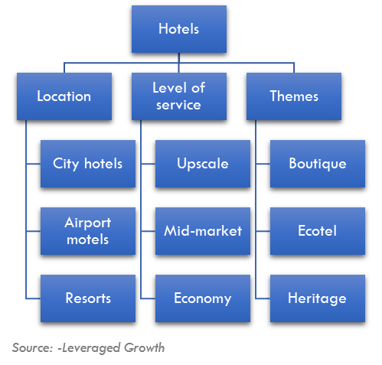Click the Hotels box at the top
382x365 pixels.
pyautogui.click(x=179, y=29)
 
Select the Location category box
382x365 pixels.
pyautogui.click(x=64, y=96)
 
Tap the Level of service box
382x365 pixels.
pyautogui.click(x=179, y=96)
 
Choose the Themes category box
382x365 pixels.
pyautogui.click(x=294, y=96)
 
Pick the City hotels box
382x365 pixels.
pyautogui.click(x=88, y=164)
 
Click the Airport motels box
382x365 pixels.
pyautogui.click(x=88, y=231)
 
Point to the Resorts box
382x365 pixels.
pyautogui.click(x=88, y=298)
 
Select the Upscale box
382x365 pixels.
pyautogui.click(x=203, y=164)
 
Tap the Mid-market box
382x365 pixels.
pyautogui.click(x=203, y=231)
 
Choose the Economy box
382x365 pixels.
pyautogui.click(x=203, y=298)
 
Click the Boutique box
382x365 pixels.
pyautogui.click(x=318, y=164)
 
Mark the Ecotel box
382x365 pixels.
pyautogui.click(x=318, y=231)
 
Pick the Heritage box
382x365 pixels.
pyautogui.click(x=318, y=298)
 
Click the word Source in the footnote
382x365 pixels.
pyautogui.click(x=32, y=347)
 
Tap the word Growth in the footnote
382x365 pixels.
pyautogui.click(x=144, y=348)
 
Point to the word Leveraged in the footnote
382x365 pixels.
pyautogui.click(x=91, y=348)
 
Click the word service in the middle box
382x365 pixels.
pyautogui.click(x=178, y=105)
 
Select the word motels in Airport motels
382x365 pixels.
pyautogui.click(x=88, y=240)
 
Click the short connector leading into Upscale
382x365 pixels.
pyautogui.click(x=148, y=164)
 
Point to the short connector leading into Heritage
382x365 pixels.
pyautogui.click(x=263, y=298)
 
